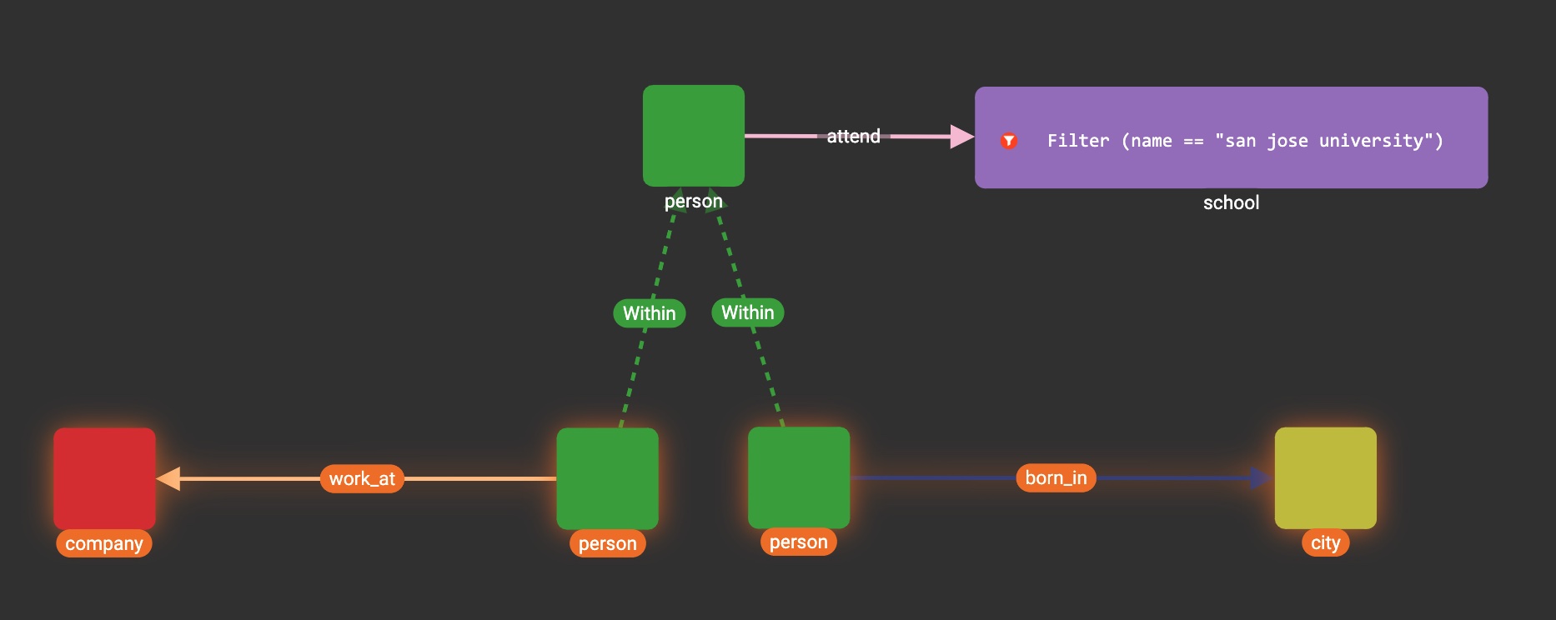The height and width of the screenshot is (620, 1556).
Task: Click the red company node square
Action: pos(104,478)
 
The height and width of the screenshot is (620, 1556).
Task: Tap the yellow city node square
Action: pos(1325,477)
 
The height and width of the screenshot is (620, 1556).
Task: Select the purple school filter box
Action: pos(1231,137)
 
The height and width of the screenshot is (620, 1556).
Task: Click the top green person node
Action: pos(693,135)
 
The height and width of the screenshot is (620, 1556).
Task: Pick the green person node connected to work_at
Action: pos(607,478)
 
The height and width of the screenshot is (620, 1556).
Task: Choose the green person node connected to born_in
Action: pos(798,477)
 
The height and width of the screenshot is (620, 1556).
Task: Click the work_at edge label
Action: pos(362,479)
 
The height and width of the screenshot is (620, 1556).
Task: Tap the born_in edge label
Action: pos(1056,478)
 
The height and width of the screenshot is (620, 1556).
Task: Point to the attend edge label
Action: pos(853,137)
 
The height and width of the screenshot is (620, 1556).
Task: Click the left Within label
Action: pos(650,313)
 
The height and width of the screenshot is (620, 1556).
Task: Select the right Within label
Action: pos(747,312)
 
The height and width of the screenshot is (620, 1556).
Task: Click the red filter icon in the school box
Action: pos(1009,141)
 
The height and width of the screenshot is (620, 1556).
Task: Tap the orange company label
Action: pos(104,544)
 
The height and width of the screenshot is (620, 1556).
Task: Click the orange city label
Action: pos(1325,543)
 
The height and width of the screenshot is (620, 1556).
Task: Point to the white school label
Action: pos(1231,202)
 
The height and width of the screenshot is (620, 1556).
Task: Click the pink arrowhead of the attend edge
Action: pos(961,137)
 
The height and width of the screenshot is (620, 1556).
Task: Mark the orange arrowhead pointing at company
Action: pos(168,478)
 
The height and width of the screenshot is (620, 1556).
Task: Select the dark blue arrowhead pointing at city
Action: pos(1260,478)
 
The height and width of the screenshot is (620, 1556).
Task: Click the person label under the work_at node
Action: pos(607,544)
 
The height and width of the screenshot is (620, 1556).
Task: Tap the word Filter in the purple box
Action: pos(1078,141)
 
